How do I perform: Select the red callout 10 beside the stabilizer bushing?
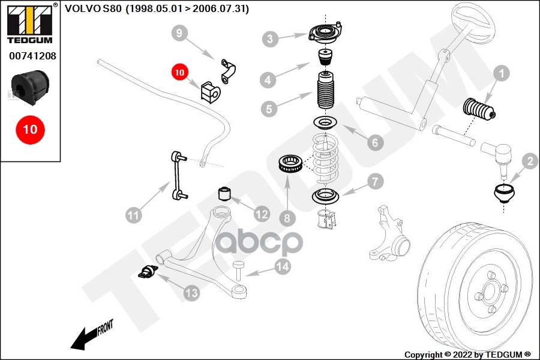(x=180, y=73)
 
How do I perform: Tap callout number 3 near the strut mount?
(x=271, y=40)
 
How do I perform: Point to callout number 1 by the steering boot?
(x=501, y=74)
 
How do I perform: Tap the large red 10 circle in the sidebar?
(x=30, y=129)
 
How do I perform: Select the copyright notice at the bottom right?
(x=467, y=355)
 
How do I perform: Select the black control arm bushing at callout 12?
(x=224, y=195)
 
